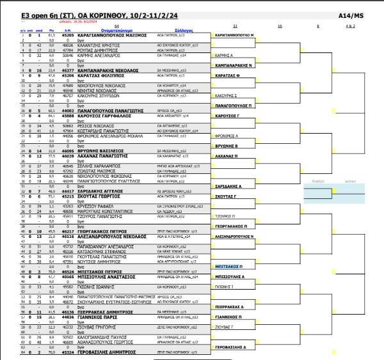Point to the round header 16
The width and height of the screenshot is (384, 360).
point(280,26)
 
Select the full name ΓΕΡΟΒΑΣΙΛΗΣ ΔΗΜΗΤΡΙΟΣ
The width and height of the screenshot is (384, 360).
point(97,351)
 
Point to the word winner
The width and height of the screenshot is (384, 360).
point(352,181)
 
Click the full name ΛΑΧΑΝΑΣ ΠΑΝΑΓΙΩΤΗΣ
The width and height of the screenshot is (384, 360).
point(90,155)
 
